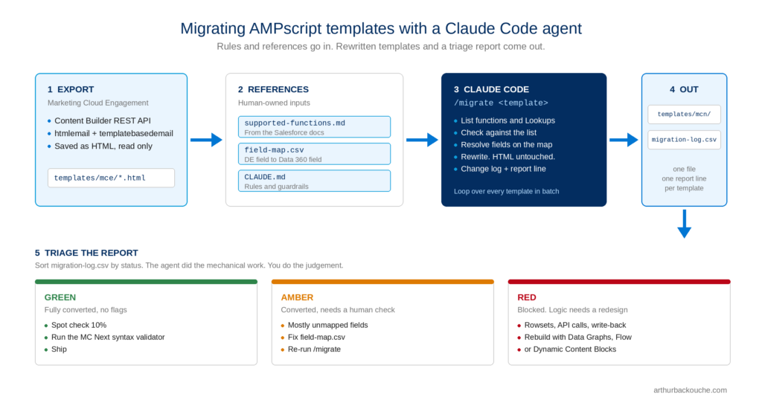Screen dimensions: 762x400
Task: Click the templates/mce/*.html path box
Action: coord(111,178)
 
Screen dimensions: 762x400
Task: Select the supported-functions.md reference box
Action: coord(314,126)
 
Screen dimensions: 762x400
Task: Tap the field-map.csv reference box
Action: coord(314,154)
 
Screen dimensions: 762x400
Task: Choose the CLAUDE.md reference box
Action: coord(314,181)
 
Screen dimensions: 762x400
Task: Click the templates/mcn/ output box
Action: coord(684,114)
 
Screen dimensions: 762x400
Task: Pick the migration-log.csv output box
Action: coord(684,140)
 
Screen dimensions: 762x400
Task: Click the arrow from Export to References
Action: coord(206,140)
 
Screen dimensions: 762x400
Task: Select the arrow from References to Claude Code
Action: coord(422,140)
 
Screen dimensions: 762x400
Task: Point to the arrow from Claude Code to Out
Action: coord(624,140)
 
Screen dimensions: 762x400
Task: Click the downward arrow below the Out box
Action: coord(685,224)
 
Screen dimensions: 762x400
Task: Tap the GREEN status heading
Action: coord(60,297)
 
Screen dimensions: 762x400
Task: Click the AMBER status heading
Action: coord(297,297)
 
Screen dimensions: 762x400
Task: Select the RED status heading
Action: coord(527,297)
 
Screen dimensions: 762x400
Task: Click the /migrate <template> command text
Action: coord(501,103)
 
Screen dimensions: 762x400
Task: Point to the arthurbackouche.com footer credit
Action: coord(690,390)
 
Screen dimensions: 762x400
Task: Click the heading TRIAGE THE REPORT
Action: coord(92,253)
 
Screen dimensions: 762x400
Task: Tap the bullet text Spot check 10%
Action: coord(79,325)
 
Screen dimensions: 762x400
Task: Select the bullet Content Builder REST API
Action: coord(103,121)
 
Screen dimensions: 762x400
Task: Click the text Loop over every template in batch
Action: coord(506,191)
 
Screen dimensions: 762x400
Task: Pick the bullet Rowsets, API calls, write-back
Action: coord(575,325)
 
